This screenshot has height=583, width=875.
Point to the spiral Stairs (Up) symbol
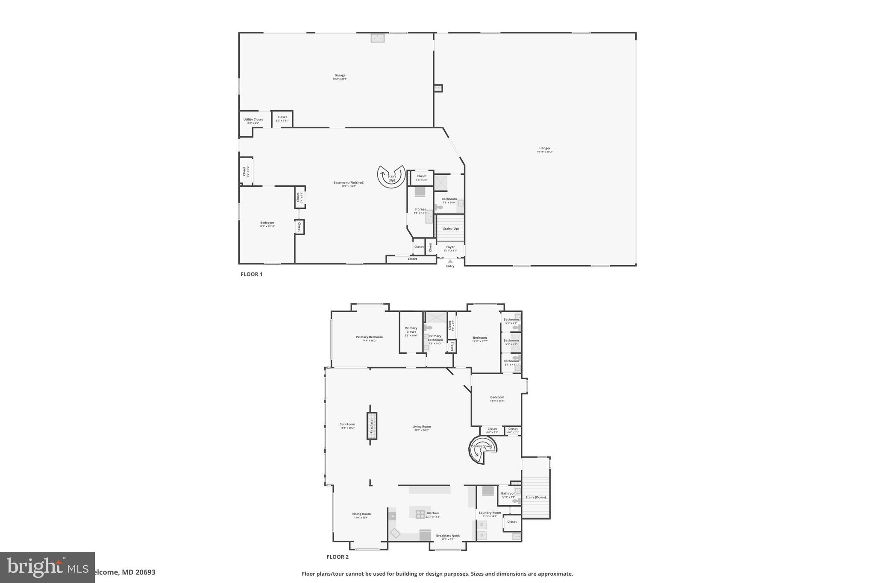click(391, 176)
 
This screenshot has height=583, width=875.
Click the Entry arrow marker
click(450, 261)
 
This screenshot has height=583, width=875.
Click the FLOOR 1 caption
click(251, 274)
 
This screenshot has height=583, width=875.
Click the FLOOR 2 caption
click(338, 557)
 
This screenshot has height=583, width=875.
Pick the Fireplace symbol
click(372, 426)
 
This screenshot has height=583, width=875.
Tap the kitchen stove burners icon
click(420, 514)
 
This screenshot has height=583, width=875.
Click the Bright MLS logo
click(47, 567)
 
